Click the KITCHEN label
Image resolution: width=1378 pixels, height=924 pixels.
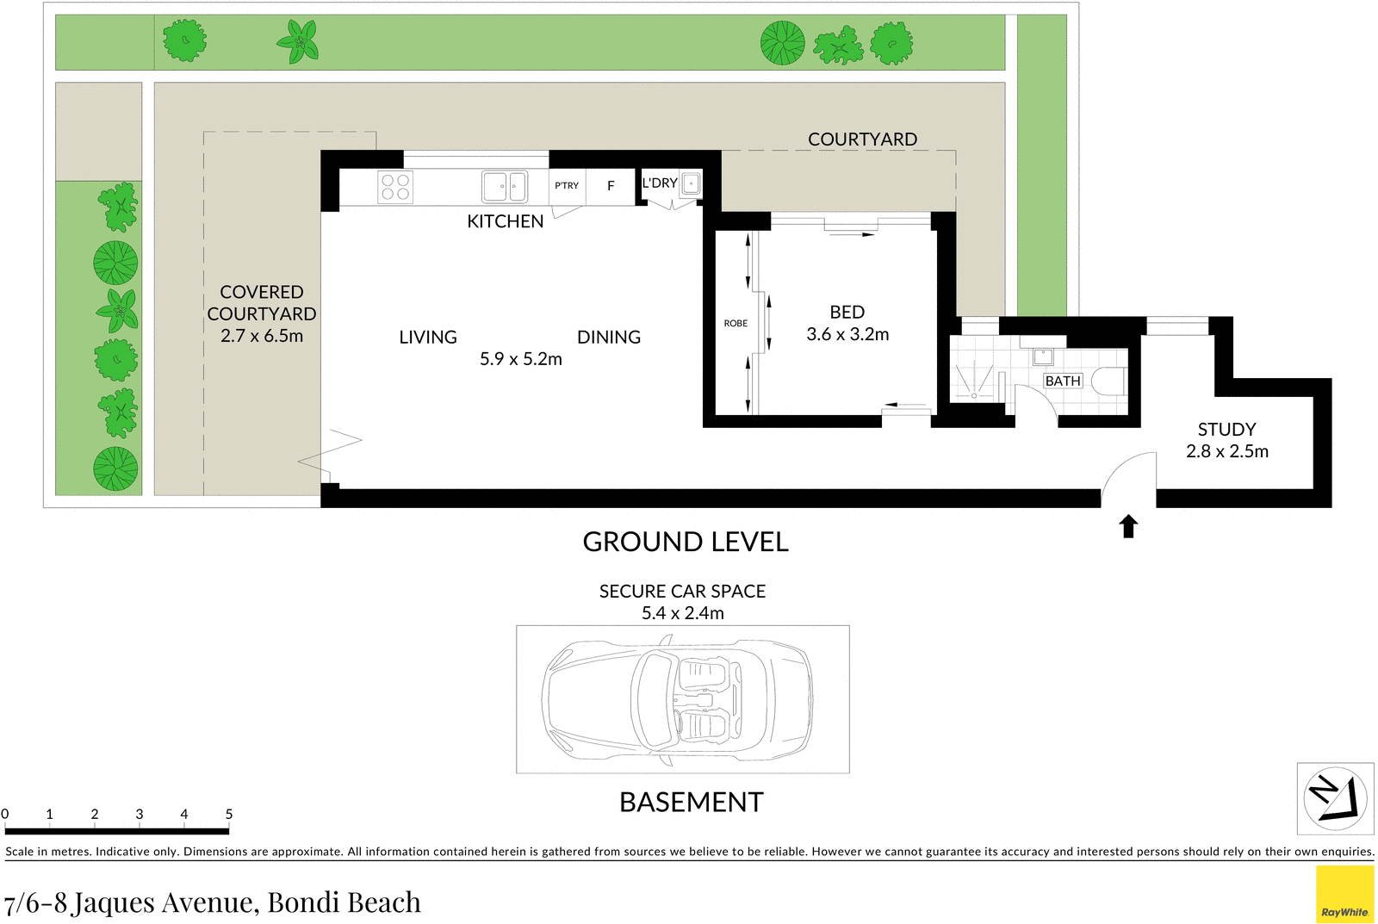coord(505,221)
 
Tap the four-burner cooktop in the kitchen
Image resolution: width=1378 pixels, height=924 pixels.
coord(395,187)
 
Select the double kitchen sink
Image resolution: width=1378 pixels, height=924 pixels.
coord(504,186)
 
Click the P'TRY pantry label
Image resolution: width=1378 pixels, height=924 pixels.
coord(567,186)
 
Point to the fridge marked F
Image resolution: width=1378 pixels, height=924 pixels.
coord(611,186)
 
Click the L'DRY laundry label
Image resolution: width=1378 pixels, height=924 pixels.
coord(660,183)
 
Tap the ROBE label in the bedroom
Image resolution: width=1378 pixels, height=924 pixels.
coord(736,324)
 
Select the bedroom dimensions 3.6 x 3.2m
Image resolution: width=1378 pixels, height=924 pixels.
coord(847,334)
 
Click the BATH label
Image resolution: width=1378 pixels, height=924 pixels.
coord(1063,381)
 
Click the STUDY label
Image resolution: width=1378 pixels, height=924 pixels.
coord(1226,429)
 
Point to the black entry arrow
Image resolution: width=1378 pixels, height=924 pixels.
coord(1128,526)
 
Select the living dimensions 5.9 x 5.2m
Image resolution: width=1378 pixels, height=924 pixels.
coord(520,359)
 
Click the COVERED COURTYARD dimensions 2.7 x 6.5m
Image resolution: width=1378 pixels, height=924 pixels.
coord(262,336)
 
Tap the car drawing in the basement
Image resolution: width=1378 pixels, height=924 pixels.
coord(679,699)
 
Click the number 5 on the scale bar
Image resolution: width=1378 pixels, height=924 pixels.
coord(229,814)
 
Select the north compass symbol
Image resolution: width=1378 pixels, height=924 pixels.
coord(1335,798)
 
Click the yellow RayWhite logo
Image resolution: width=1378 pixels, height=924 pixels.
coord(1344,895)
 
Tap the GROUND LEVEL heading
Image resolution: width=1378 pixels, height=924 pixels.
coord(686,542)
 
